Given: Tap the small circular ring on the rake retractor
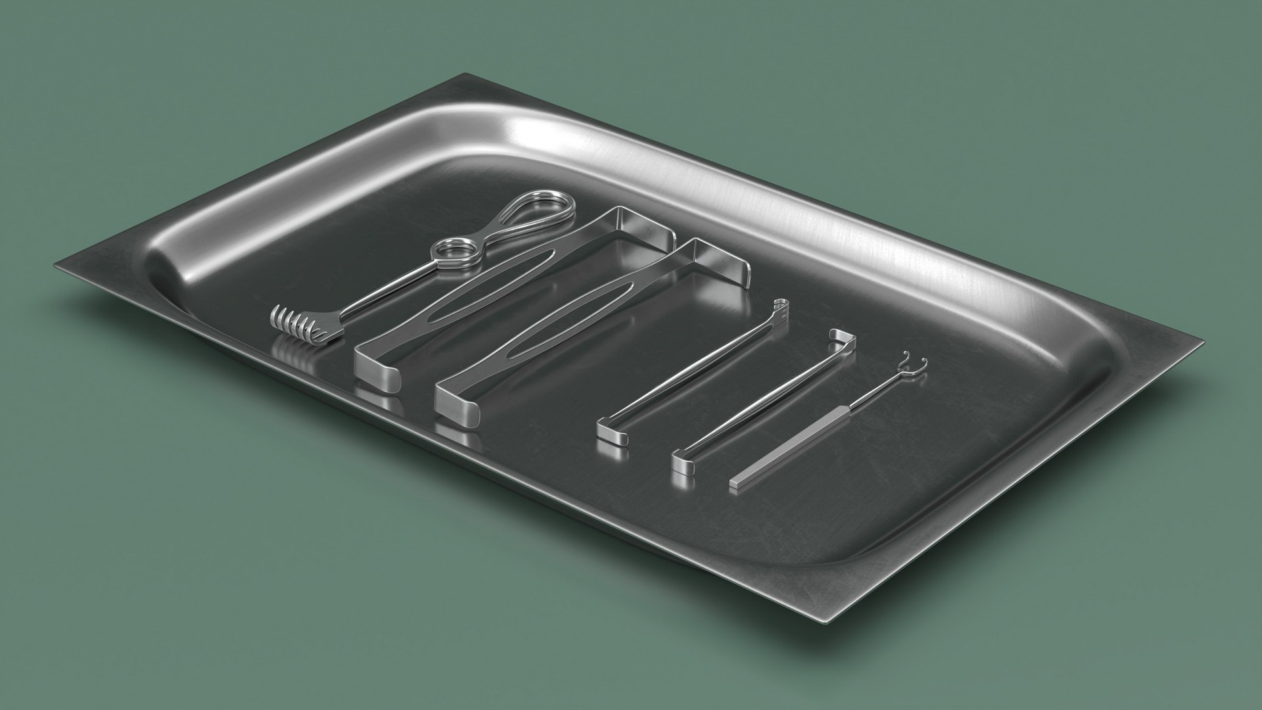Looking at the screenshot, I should point(449,250).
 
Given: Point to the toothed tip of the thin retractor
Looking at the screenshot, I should point(780,304).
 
